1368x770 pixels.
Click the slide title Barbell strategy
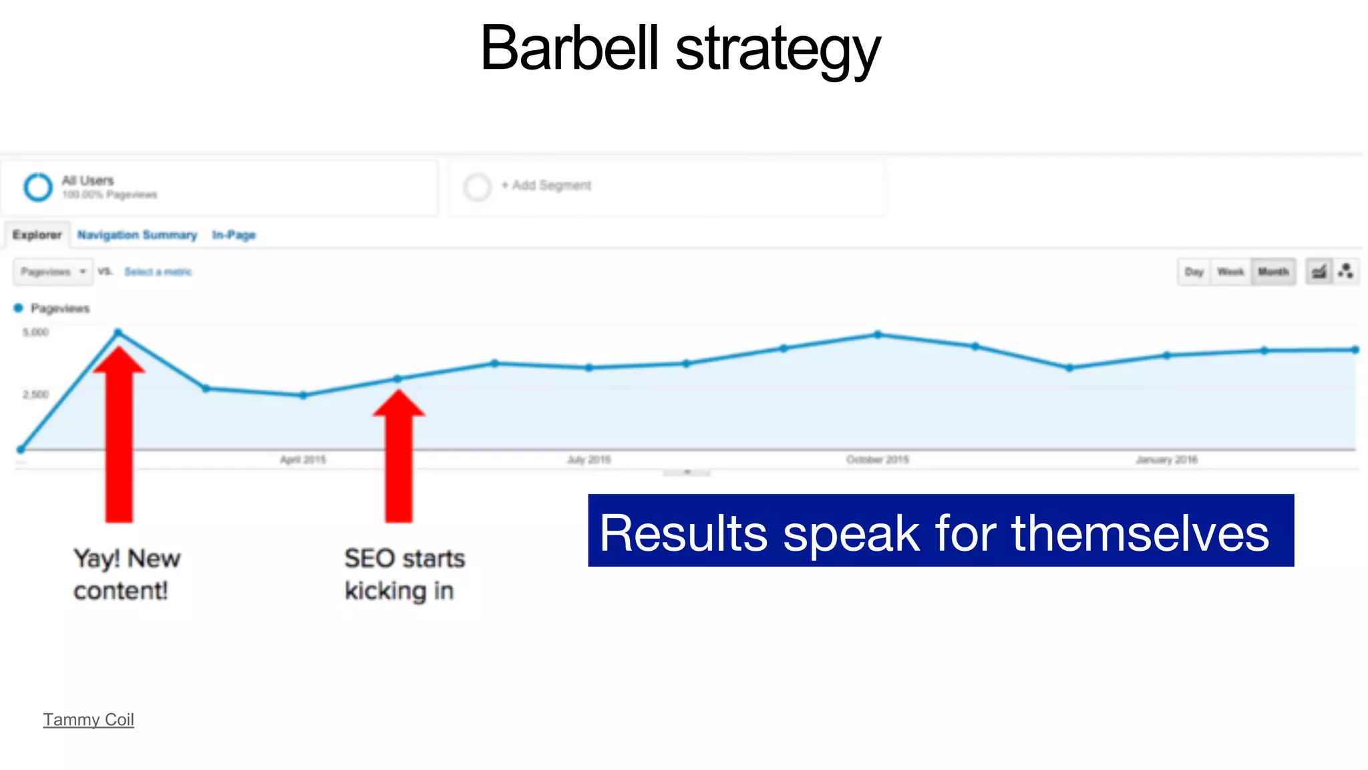(x=680, y=48)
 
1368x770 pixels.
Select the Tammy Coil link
(x=88, y=719)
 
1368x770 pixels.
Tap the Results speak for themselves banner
(x=940, y=531)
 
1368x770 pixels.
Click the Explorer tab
(x=37, y=235)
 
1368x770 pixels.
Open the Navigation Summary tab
(x=137, y=235)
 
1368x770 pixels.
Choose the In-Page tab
(x=234, y=235)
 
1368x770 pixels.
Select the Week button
(x=1230, y=271)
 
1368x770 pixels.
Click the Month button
(x=1273, y=271)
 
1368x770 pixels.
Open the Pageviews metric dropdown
(x=53, y=271)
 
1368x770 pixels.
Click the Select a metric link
(x=158, y=271)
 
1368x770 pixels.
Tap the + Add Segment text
(x=546, y=185)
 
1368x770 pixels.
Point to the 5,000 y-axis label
(x=35, y=332)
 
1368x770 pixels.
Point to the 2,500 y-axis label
(x=35, y=394)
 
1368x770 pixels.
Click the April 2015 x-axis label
(x=303, y=460)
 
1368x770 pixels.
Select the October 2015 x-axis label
(x=877, y=460)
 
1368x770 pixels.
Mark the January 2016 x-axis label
(x=1166, y=460)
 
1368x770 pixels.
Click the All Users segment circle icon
(x=38, y=186)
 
